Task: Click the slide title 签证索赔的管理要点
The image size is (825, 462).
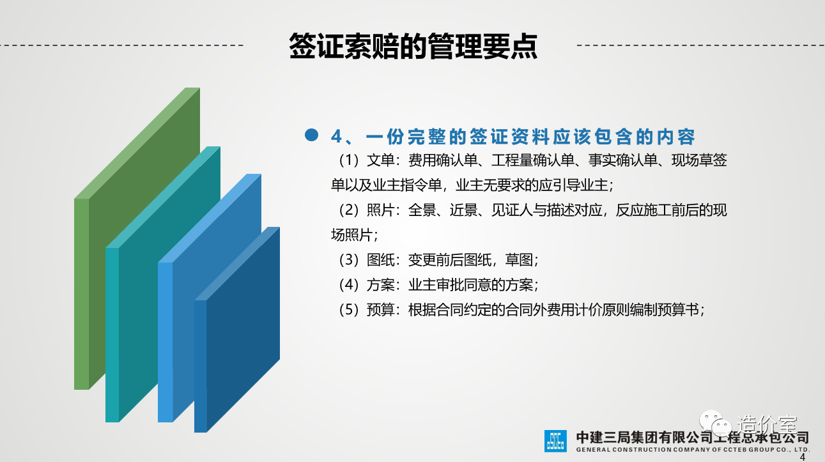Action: (x=413, y=46)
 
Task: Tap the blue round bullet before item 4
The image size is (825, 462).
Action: (x=312, y=135)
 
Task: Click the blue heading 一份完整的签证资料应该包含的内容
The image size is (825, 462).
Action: (x=530, y=137)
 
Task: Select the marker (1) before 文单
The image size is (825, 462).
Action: (x=348, y=160)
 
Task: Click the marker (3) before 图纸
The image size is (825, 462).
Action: (x=348, y=260)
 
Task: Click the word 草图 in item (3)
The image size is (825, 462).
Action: (x=519, y=260)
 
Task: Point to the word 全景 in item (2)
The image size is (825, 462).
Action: (x=422, y=210)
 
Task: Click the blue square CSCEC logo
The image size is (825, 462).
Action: (x=555, y=441)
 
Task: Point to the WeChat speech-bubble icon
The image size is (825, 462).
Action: (x=715, y=423)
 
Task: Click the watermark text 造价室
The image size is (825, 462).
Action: (x=767, y=424)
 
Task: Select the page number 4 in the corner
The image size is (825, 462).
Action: (x=803, y=458)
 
